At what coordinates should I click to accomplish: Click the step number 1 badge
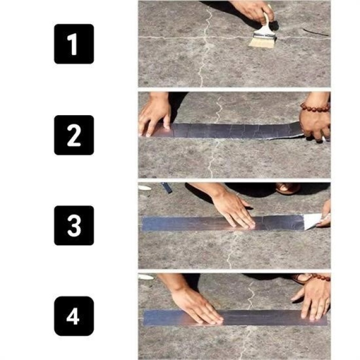click(x=74, y=44)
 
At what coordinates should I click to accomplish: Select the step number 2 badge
click(x=74, y=135)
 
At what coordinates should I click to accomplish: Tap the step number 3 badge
click(x=74, y=225)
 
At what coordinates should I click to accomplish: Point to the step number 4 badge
click(x=74, y=316)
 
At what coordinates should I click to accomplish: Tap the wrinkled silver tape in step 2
click(x=231, y=131)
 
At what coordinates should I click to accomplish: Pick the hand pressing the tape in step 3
click(x=234, y=208)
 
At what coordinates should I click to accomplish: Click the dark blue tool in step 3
click(x=167, y=188)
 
